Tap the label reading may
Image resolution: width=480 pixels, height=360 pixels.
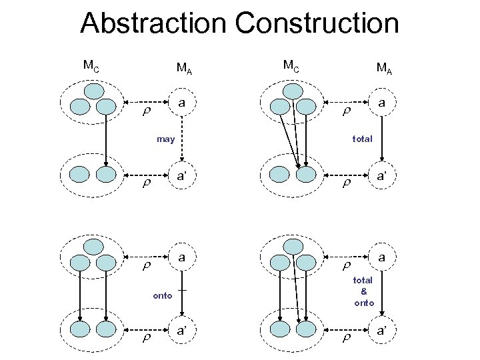tap(165, 139)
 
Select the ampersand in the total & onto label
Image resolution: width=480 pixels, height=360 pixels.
tap(363, 291)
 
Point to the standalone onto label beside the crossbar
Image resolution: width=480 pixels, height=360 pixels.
tap(162, 295)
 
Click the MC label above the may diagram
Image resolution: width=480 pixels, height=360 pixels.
tap(91, 65)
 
